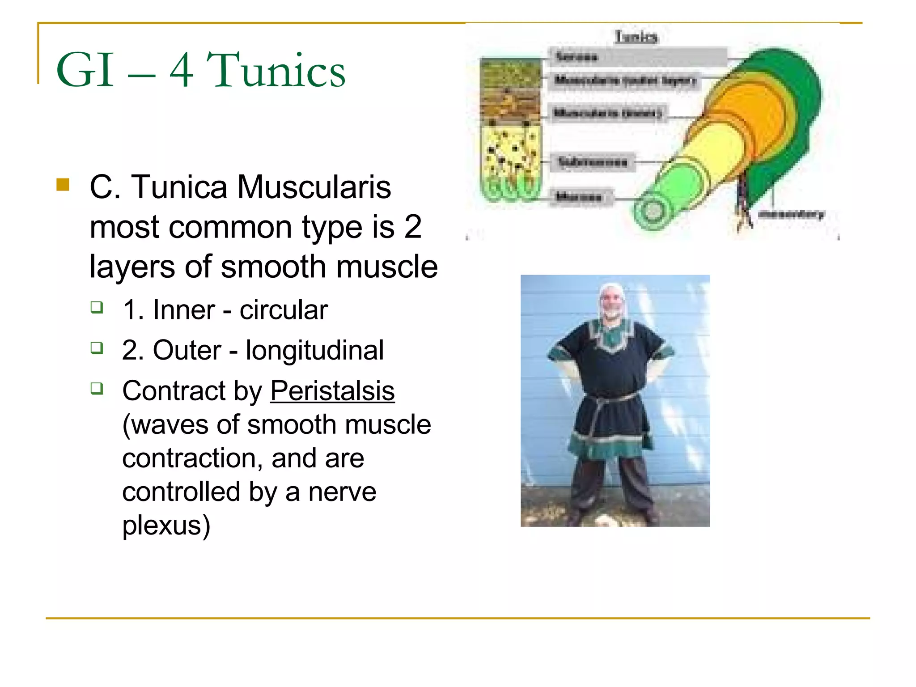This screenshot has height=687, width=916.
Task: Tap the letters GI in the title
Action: tap(85, 70)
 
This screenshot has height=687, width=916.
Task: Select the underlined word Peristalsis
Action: tap(332, 391)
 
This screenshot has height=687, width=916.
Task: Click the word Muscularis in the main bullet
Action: tap(314, 187)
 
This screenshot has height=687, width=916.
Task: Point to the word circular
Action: tap(284, 310)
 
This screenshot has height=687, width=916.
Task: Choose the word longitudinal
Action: tap(314, 350)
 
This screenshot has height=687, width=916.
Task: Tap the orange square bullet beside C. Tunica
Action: tap(63, 184)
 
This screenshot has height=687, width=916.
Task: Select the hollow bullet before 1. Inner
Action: tap(97, 307)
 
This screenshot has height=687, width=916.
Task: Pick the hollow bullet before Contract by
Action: tap(97, 388)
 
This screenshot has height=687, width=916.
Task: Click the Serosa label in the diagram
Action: tap(577, 57)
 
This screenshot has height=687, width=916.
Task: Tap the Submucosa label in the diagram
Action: tap(593, 162)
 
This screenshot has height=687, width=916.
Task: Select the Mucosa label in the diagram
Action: tap(579, 196)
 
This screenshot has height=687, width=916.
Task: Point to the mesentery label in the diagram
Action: tap(791, 214)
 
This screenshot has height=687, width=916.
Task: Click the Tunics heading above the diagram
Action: tap(636, 37)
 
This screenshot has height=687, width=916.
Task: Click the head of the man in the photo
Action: tap(612, 301)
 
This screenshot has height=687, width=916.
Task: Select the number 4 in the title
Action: tap(182, 70)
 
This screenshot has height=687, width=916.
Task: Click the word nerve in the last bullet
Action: tap(342, 492)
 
